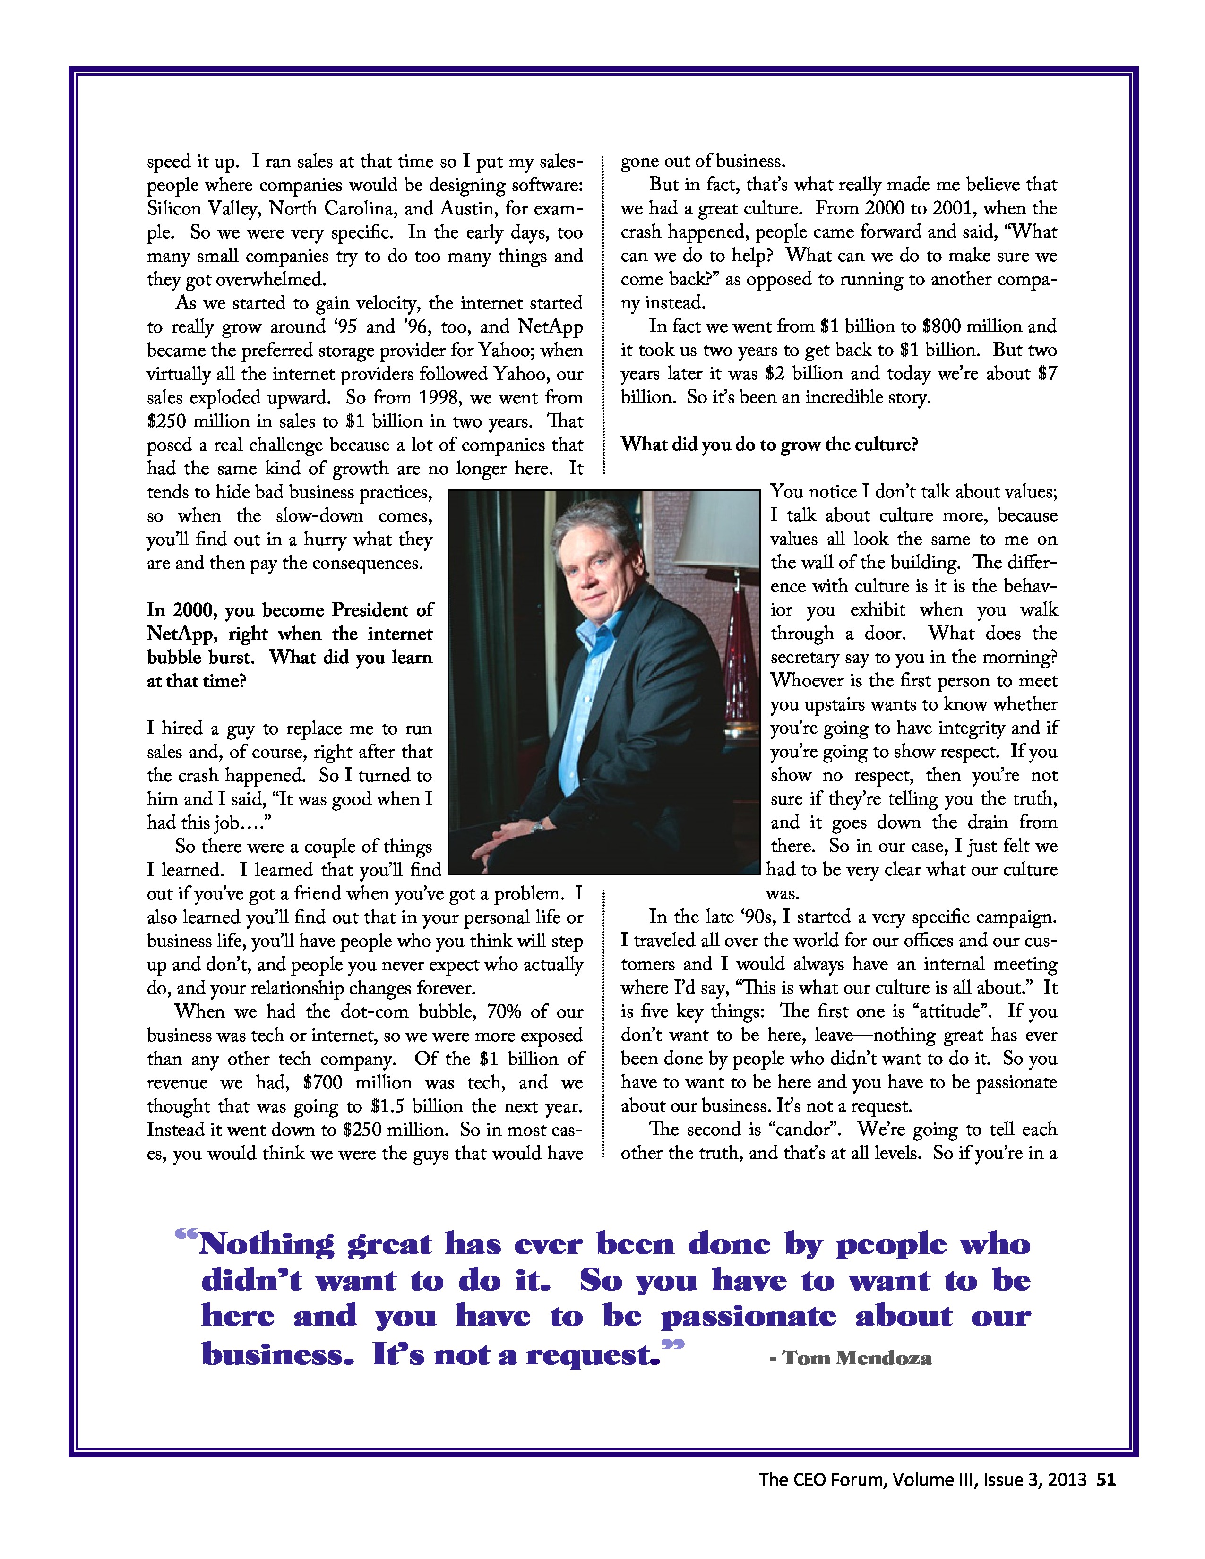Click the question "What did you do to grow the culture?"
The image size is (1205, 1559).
tap(769, 445)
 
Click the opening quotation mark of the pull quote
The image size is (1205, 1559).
tap(186, 1234)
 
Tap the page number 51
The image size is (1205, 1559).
tap(1106, 1480)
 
